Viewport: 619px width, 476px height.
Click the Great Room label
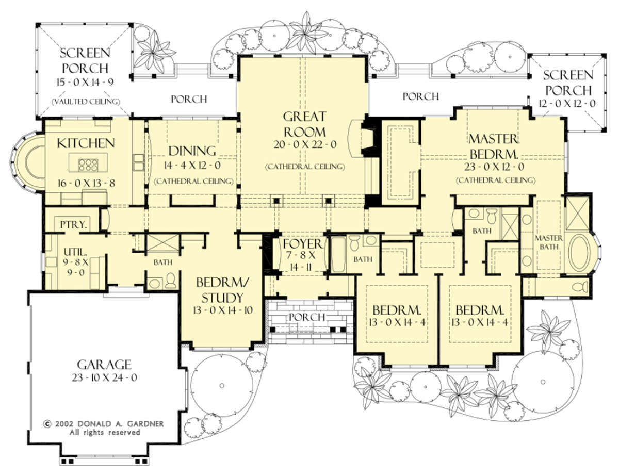(305, 124)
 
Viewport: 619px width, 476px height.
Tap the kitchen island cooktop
(88, 165)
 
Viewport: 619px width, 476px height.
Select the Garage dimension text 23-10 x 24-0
(104, 377)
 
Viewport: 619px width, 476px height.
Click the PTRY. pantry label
(73, 225)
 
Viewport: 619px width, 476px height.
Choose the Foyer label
(302, 244)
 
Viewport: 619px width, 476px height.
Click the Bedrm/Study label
(222, 290)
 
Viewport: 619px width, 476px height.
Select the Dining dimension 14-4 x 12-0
(192, 166)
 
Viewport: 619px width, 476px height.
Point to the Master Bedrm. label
(493, 146)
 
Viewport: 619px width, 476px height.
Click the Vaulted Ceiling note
(86, 102)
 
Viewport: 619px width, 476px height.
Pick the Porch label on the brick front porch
(307, 317)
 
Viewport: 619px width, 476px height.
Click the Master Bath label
(549, 242)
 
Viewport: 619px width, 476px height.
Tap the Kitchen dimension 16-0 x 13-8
(86, 183)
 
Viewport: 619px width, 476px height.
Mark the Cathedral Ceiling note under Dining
(194, 181)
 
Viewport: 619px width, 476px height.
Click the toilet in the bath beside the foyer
(354, 243)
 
